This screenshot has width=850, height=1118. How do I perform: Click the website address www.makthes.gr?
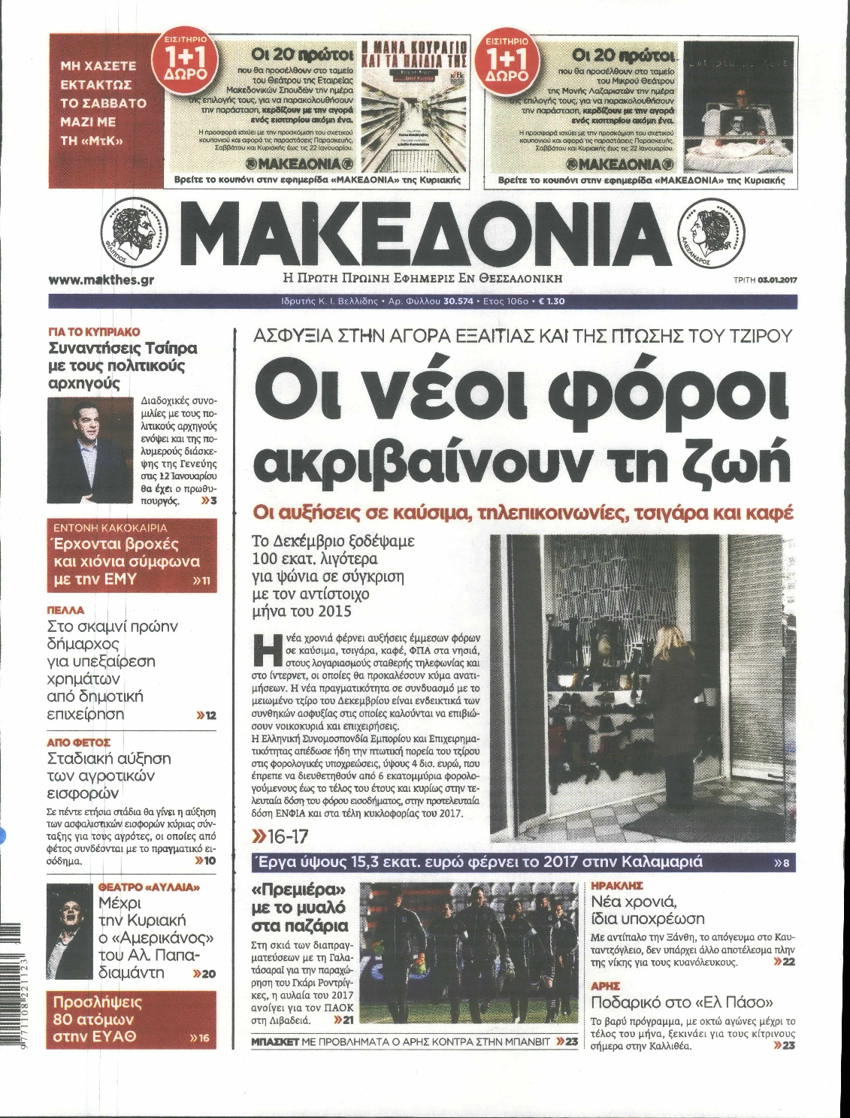(x=95, y=279)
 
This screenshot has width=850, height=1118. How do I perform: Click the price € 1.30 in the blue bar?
(x=552, y=301)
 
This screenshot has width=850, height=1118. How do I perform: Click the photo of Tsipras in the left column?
(x=91, y=441)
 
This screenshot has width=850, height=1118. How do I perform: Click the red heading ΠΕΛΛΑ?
(x=65, y=609)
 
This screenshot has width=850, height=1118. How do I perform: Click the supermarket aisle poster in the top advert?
(x=416, y=110)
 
